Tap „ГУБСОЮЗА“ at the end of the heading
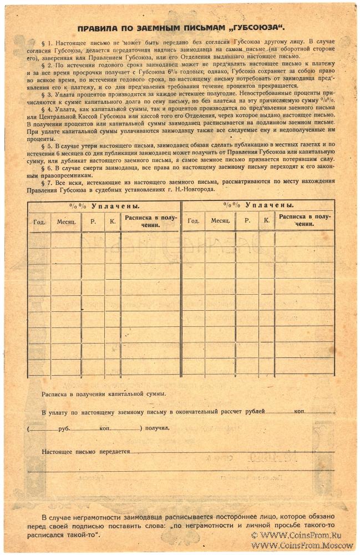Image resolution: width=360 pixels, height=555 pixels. (253, 29)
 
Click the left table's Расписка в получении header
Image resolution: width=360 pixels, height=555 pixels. (150, 221)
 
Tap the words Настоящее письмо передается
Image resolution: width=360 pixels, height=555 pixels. (85, 452)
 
